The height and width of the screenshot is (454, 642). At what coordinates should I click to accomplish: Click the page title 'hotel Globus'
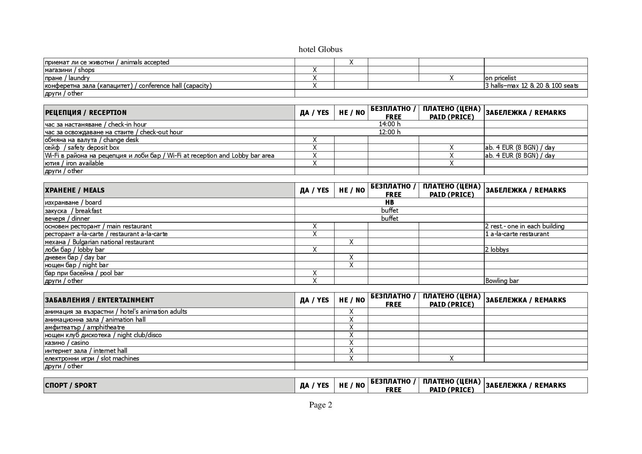point(320,49)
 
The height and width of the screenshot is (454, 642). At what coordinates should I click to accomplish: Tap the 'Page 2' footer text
point(320,405)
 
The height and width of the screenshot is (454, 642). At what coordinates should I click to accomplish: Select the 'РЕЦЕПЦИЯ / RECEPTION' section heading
point(86,112)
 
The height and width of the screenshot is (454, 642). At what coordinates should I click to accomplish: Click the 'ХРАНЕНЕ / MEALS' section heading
point(75,190)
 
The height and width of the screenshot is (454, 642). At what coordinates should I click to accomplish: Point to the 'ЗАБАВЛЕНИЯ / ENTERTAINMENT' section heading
point(99,300)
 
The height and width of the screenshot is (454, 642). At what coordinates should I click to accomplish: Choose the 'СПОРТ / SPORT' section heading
point(71,385)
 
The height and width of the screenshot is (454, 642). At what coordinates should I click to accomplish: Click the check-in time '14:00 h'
point(389,124)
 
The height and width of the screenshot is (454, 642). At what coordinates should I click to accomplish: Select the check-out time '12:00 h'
point(389,132)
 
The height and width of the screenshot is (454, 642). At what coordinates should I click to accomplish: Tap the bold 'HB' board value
point(389,202)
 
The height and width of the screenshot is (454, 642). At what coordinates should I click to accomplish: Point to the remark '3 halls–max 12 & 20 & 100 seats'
point(531,86)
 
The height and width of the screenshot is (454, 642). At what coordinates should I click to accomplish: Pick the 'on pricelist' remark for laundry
point(500,78)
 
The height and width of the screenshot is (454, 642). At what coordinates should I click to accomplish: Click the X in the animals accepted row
point(351,62)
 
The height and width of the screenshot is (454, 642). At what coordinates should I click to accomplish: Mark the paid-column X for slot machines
point(451,358)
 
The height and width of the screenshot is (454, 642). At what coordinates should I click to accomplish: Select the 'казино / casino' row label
point(67,343)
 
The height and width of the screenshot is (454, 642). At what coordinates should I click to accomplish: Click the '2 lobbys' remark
point(497,250)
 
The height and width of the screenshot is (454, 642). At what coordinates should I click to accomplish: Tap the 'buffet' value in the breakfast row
point(389,211)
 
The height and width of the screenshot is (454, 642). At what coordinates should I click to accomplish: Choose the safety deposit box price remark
point(520,148)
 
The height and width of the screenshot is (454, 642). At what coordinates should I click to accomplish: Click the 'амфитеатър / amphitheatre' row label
point(85,327)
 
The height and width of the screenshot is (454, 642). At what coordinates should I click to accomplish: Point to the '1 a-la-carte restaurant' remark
point(517,234)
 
